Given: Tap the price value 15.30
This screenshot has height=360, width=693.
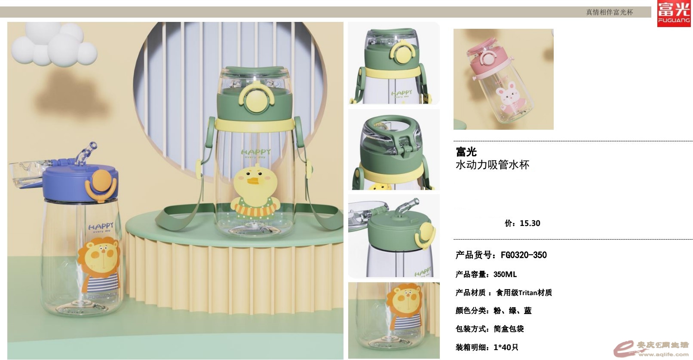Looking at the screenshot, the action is coord(530,223).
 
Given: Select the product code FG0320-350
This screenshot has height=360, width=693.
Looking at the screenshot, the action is coord(524,255).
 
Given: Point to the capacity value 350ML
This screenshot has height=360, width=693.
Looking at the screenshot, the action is coord(505,275).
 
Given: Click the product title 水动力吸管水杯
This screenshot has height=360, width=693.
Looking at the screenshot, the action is coord(493,165).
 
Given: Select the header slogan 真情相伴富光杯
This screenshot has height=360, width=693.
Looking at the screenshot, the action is coord(610,12).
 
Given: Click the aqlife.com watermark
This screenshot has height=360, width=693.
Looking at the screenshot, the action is coord(652,349).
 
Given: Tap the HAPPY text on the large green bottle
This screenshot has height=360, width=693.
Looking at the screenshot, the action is coord(255,152).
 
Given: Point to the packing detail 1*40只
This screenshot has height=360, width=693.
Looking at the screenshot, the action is coord(506,347).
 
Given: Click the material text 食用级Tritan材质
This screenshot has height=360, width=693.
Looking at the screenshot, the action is coord(524,293).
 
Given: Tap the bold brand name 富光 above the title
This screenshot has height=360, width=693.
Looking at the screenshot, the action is coord(466,152).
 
